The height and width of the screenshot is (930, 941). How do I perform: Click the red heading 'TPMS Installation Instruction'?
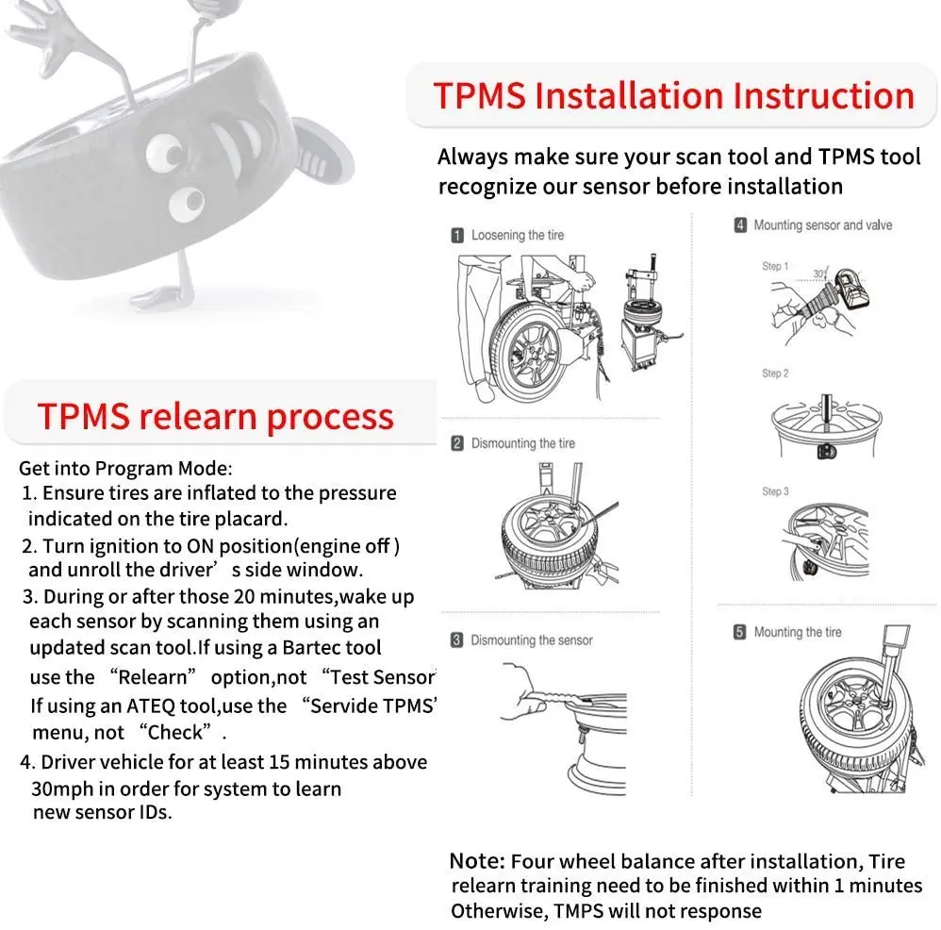(x=673, y=96)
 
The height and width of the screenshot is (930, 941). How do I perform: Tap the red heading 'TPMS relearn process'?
(x=216, y=416)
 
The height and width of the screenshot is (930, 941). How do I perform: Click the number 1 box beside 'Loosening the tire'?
(x=457, y=235)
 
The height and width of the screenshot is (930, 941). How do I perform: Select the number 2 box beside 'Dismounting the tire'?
(x=457, y=442)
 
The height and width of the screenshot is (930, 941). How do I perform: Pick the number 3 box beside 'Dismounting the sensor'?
(x=457, y=640)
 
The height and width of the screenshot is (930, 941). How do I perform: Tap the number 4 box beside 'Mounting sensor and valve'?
(x=740, y=225)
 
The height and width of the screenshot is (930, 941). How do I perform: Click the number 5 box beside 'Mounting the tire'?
(x=740, y=632)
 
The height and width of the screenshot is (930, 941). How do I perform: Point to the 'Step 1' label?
(x=775, y=267)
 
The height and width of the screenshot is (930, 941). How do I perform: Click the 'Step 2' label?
(x=775, y=374)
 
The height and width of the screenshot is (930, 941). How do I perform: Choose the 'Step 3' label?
(x=775, y=491)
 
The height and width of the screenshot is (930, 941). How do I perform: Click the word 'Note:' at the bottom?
(x=478, y=861)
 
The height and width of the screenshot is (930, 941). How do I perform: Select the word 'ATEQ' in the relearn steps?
(x=142, y=706)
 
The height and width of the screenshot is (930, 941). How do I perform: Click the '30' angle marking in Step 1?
(x=818, y=273)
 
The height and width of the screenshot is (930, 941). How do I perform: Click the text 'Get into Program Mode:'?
(x=124, y=468)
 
